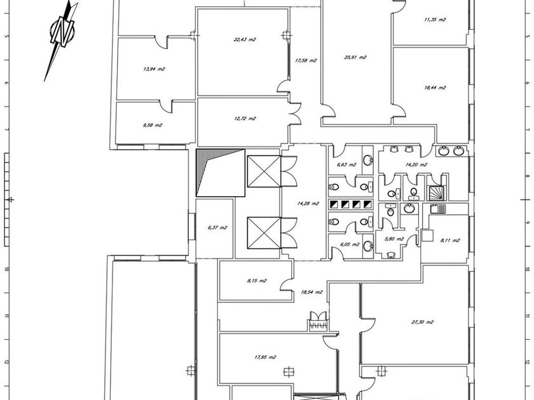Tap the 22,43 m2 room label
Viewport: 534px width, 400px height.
coord(245,39)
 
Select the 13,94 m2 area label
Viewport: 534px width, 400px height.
coord(154,69)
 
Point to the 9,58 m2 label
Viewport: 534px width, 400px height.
coord(153,125)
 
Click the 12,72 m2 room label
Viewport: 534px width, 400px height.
coord(245,118)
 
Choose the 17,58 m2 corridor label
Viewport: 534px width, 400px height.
coord(306,60)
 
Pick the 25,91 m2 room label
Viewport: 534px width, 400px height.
coord(355,57)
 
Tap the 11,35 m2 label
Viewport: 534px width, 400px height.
coord(435,19)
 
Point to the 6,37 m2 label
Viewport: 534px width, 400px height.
coord(217,227)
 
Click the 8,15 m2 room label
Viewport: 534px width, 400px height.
coord(256,281)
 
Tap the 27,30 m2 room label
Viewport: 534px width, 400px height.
coord(422,322)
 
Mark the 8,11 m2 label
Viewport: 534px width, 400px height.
coord(449,240)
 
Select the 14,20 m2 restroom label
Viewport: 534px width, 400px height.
coord(416,164)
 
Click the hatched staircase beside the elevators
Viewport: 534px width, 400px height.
coord(219,171)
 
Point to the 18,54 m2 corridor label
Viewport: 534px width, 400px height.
coord(311,292)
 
